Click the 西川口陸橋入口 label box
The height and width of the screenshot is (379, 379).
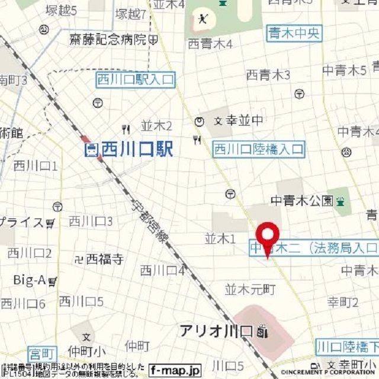259,149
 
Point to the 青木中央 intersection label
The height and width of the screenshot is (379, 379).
294,33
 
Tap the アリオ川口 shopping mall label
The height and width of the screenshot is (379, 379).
217,332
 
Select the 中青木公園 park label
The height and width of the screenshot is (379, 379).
301,201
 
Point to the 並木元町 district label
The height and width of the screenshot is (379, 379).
250,290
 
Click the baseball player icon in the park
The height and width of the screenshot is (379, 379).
203,18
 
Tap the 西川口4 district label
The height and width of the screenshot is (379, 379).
162,271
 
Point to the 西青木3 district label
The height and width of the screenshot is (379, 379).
268,75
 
